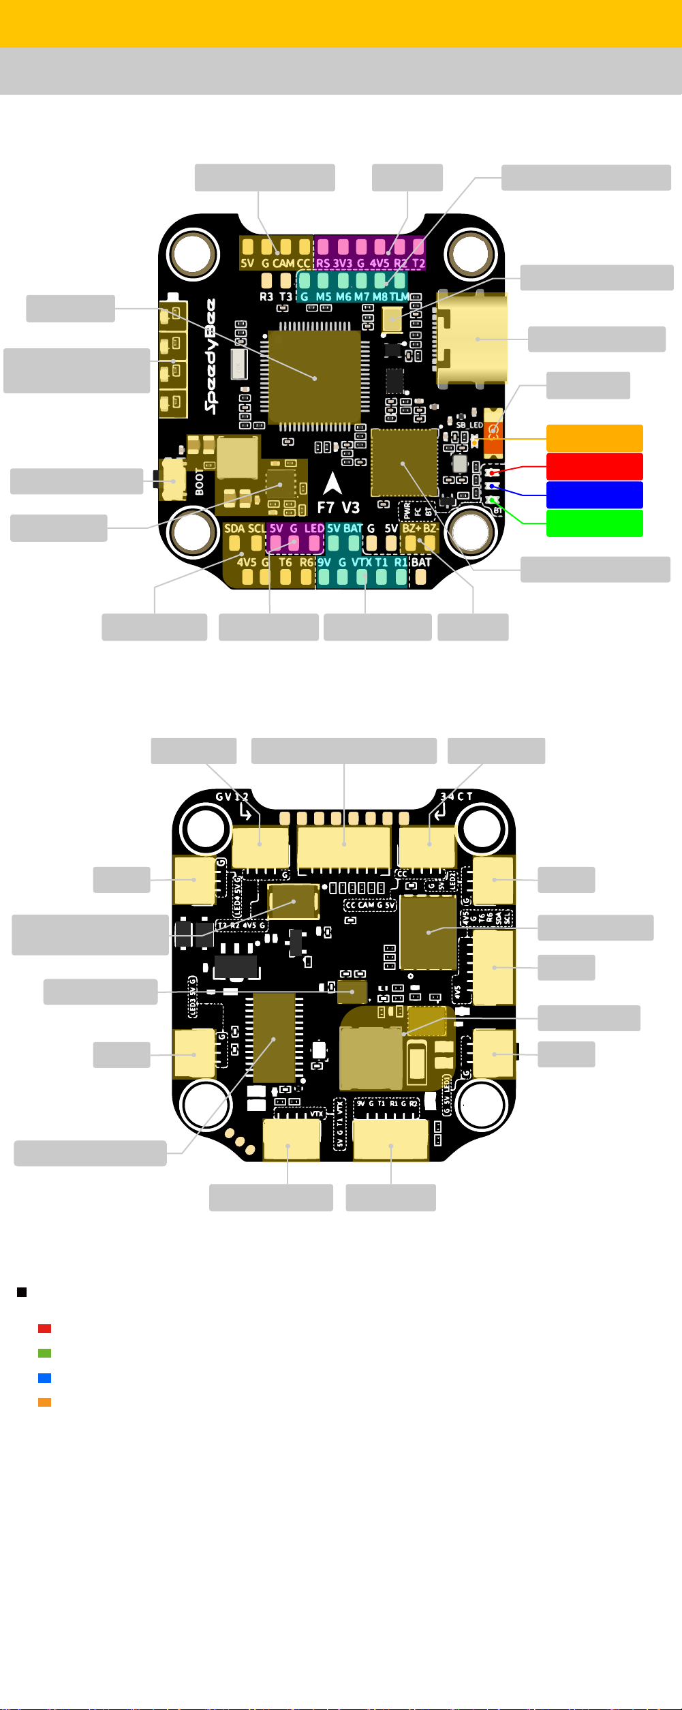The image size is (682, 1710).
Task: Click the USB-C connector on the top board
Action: [473, 339]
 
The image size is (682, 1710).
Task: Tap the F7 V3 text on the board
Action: [338, 508]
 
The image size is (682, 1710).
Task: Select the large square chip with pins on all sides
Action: [315, 378]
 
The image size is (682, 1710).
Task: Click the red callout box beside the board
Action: [594, 467]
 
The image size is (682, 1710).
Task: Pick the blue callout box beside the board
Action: [594, 495]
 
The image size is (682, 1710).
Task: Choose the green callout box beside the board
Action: [594, 523]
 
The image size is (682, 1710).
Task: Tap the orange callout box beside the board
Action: [594, 438]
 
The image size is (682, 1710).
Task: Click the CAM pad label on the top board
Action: [283, 263]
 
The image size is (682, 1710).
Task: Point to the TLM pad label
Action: [399, 297]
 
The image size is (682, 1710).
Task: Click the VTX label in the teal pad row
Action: [362, 562]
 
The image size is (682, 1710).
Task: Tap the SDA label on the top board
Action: [234, 528]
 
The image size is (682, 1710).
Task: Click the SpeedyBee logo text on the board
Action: [211, 356]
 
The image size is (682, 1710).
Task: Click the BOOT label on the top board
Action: [200, 481]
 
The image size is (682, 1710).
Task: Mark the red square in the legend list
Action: [45, 1328]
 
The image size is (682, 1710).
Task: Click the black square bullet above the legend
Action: [22, 1292]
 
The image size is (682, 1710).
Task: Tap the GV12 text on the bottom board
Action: [232, 797]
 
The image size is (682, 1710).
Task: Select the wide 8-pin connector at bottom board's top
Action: [344, 846]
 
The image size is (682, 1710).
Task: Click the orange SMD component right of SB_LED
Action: [493, 432]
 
